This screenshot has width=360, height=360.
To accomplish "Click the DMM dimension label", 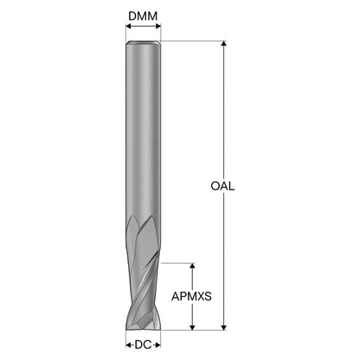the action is click(x=143, y=16).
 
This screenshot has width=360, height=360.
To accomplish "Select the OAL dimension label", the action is click(x=222, y=186).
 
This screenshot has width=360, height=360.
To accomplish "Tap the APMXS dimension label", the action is click(x=191, y=296).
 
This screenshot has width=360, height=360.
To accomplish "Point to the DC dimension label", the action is click(x=143, y=344).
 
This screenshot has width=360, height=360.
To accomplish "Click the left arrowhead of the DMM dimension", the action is click(x=128, y=26).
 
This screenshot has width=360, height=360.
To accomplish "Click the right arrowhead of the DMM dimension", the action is click(x=158, y=26).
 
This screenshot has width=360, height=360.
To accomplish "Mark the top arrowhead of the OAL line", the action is click(x=223, y=43).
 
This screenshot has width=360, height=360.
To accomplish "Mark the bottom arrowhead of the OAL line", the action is click(x=223, y=327).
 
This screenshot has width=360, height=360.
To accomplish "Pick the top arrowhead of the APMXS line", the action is click(x=192, y=266).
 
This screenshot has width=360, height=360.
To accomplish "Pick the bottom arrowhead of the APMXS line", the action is click(x=192, y=327).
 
